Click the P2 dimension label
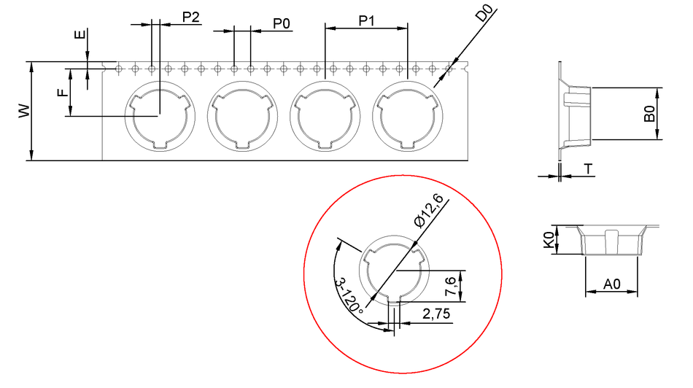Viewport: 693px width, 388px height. pyautogui.click(x=190, y=18)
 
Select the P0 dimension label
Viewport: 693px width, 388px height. pyautogui.click(x=281, y=24)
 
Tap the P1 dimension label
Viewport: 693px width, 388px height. pyautogui.click(x=366, y=20)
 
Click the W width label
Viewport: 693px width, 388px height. pyautogui.click(x=23, y=111)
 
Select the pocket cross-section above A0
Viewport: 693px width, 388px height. pyautogui.click(x=611, y=241)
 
